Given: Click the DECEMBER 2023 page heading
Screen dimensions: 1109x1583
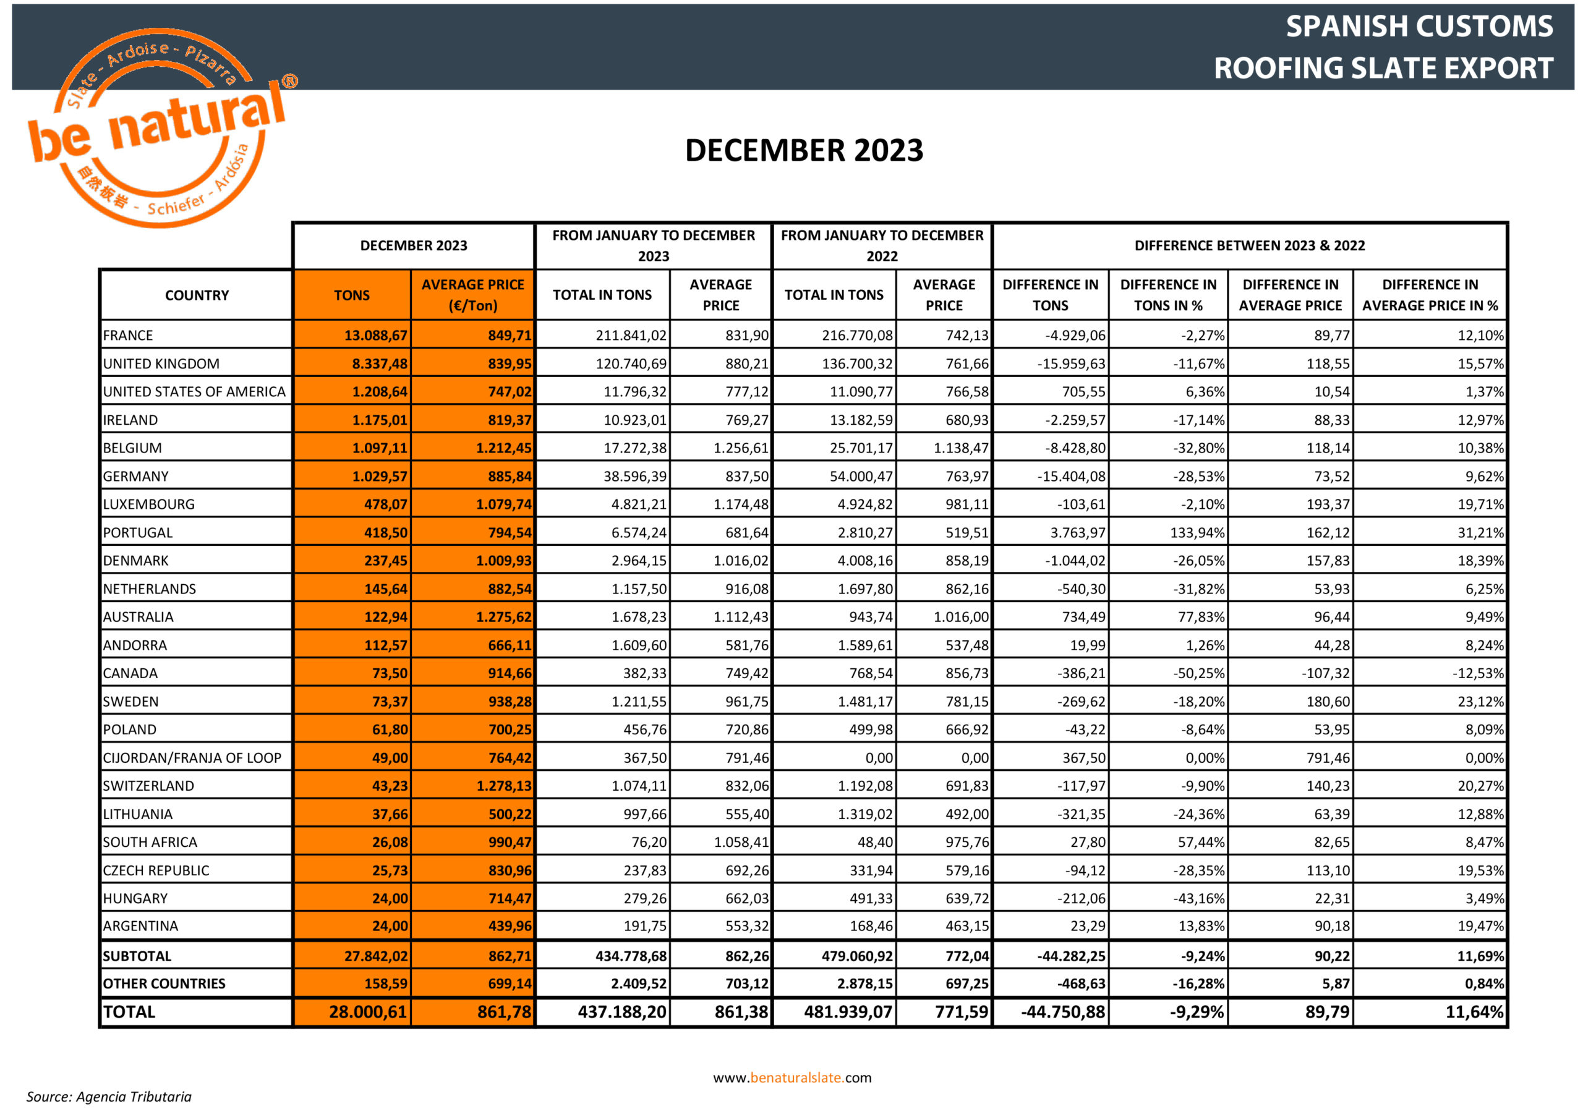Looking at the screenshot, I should coord(803,150).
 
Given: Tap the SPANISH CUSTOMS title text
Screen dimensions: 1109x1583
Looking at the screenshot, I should coord(1419,27).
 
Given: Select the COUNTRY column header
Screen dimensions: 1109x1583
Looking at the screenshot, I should coord(197,295).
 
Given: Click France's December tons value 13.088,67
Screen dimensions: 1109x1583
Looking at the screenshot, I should coord(376,336).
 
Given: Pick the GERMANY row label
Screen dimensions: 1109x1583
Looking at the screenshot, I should coord(136,476).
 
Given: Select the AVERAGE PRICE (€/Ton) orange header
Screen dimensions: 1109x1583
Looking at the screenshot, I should coord(472,295).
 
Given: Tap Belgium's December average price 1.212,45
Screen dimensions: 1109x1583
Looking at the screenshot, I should coord(503,448).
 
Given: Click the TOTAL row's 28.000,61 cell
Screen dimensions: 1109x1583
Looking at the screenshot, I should coord(367,1012).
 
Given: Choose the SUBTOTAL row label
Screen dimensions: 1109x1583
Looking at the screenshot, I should coord(137,956).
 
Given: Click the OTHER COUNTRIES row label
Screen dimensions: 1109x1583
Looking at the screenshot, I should coord(164,984).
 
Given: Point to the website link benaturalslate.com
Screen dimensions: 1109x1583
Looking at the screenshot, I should coord(792,1077).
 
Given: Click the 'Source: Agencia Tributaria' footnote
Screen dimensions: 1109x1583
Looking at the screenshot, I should coord(109,1097).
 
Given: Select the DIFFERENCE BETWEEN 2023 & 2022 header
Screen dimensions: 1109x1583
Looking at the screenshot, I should coord(1249,245).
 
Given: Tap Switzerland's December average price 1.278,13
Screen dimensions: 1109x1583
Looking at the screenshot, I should coord(504,786).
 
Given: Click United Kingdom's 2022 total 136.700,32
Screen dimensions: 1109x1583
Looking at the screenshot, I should coord(857,364).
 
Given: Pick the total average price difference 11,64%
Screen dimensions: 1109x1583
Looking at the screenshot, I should coord(1474,1012).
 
